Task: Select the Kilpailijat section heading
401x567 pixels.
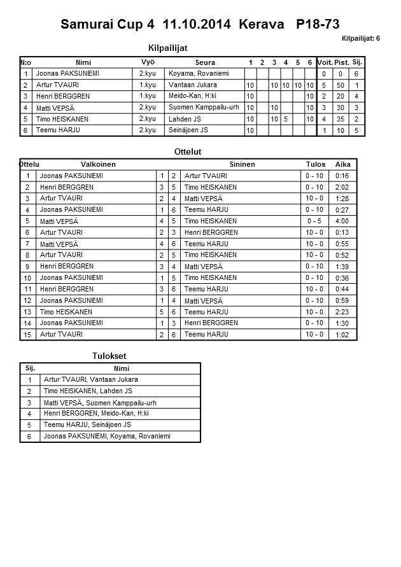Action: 167,48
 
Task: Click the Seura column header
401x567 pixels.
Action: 205,62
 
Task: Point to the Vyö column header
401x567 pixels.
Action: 148,62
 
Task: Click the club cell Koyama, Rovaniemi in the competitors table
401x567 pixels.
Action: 197,74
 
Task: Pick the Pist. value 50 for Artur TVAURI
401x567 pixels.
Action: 341,85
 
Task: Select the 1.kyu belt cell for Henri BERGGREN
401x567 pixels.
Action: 148,96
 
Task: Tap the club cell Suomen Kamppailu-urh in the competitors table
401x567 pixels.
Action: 204,108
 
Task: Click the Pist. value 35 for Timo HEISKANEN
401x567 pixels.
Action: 341,119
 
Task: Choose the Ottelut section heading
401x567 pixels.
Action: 187,152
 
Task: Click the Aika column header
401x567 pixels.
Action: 343,164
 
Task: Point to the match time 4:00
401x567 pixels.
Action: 342,221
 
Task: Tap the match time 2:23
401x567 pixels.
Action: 342,312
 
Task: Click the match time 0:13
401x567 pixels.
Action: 342,233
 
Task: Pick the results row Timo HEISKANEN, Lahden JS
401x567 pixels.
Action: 88,391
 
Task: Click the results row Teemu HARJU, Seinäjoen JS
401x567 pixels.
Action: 87,425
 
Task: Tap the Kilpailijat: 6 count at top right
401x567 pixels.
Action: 361,39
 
